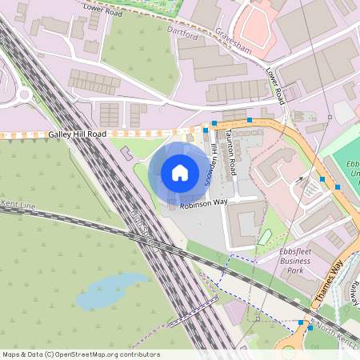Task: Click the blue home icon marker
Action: click(x=180, y=173)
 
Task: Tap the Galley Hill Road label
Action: click(x=78, y=134)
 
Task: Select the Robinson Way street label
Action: click(x=203, y=203)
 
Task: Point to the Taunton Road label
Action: click(x=231, y=153)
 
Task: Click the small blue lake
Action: click(x=111, y=292)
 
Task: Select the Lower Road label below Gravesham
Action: click(x=276, y=85)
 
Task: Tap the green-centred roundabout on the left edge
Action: click(x=22, y=94)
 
